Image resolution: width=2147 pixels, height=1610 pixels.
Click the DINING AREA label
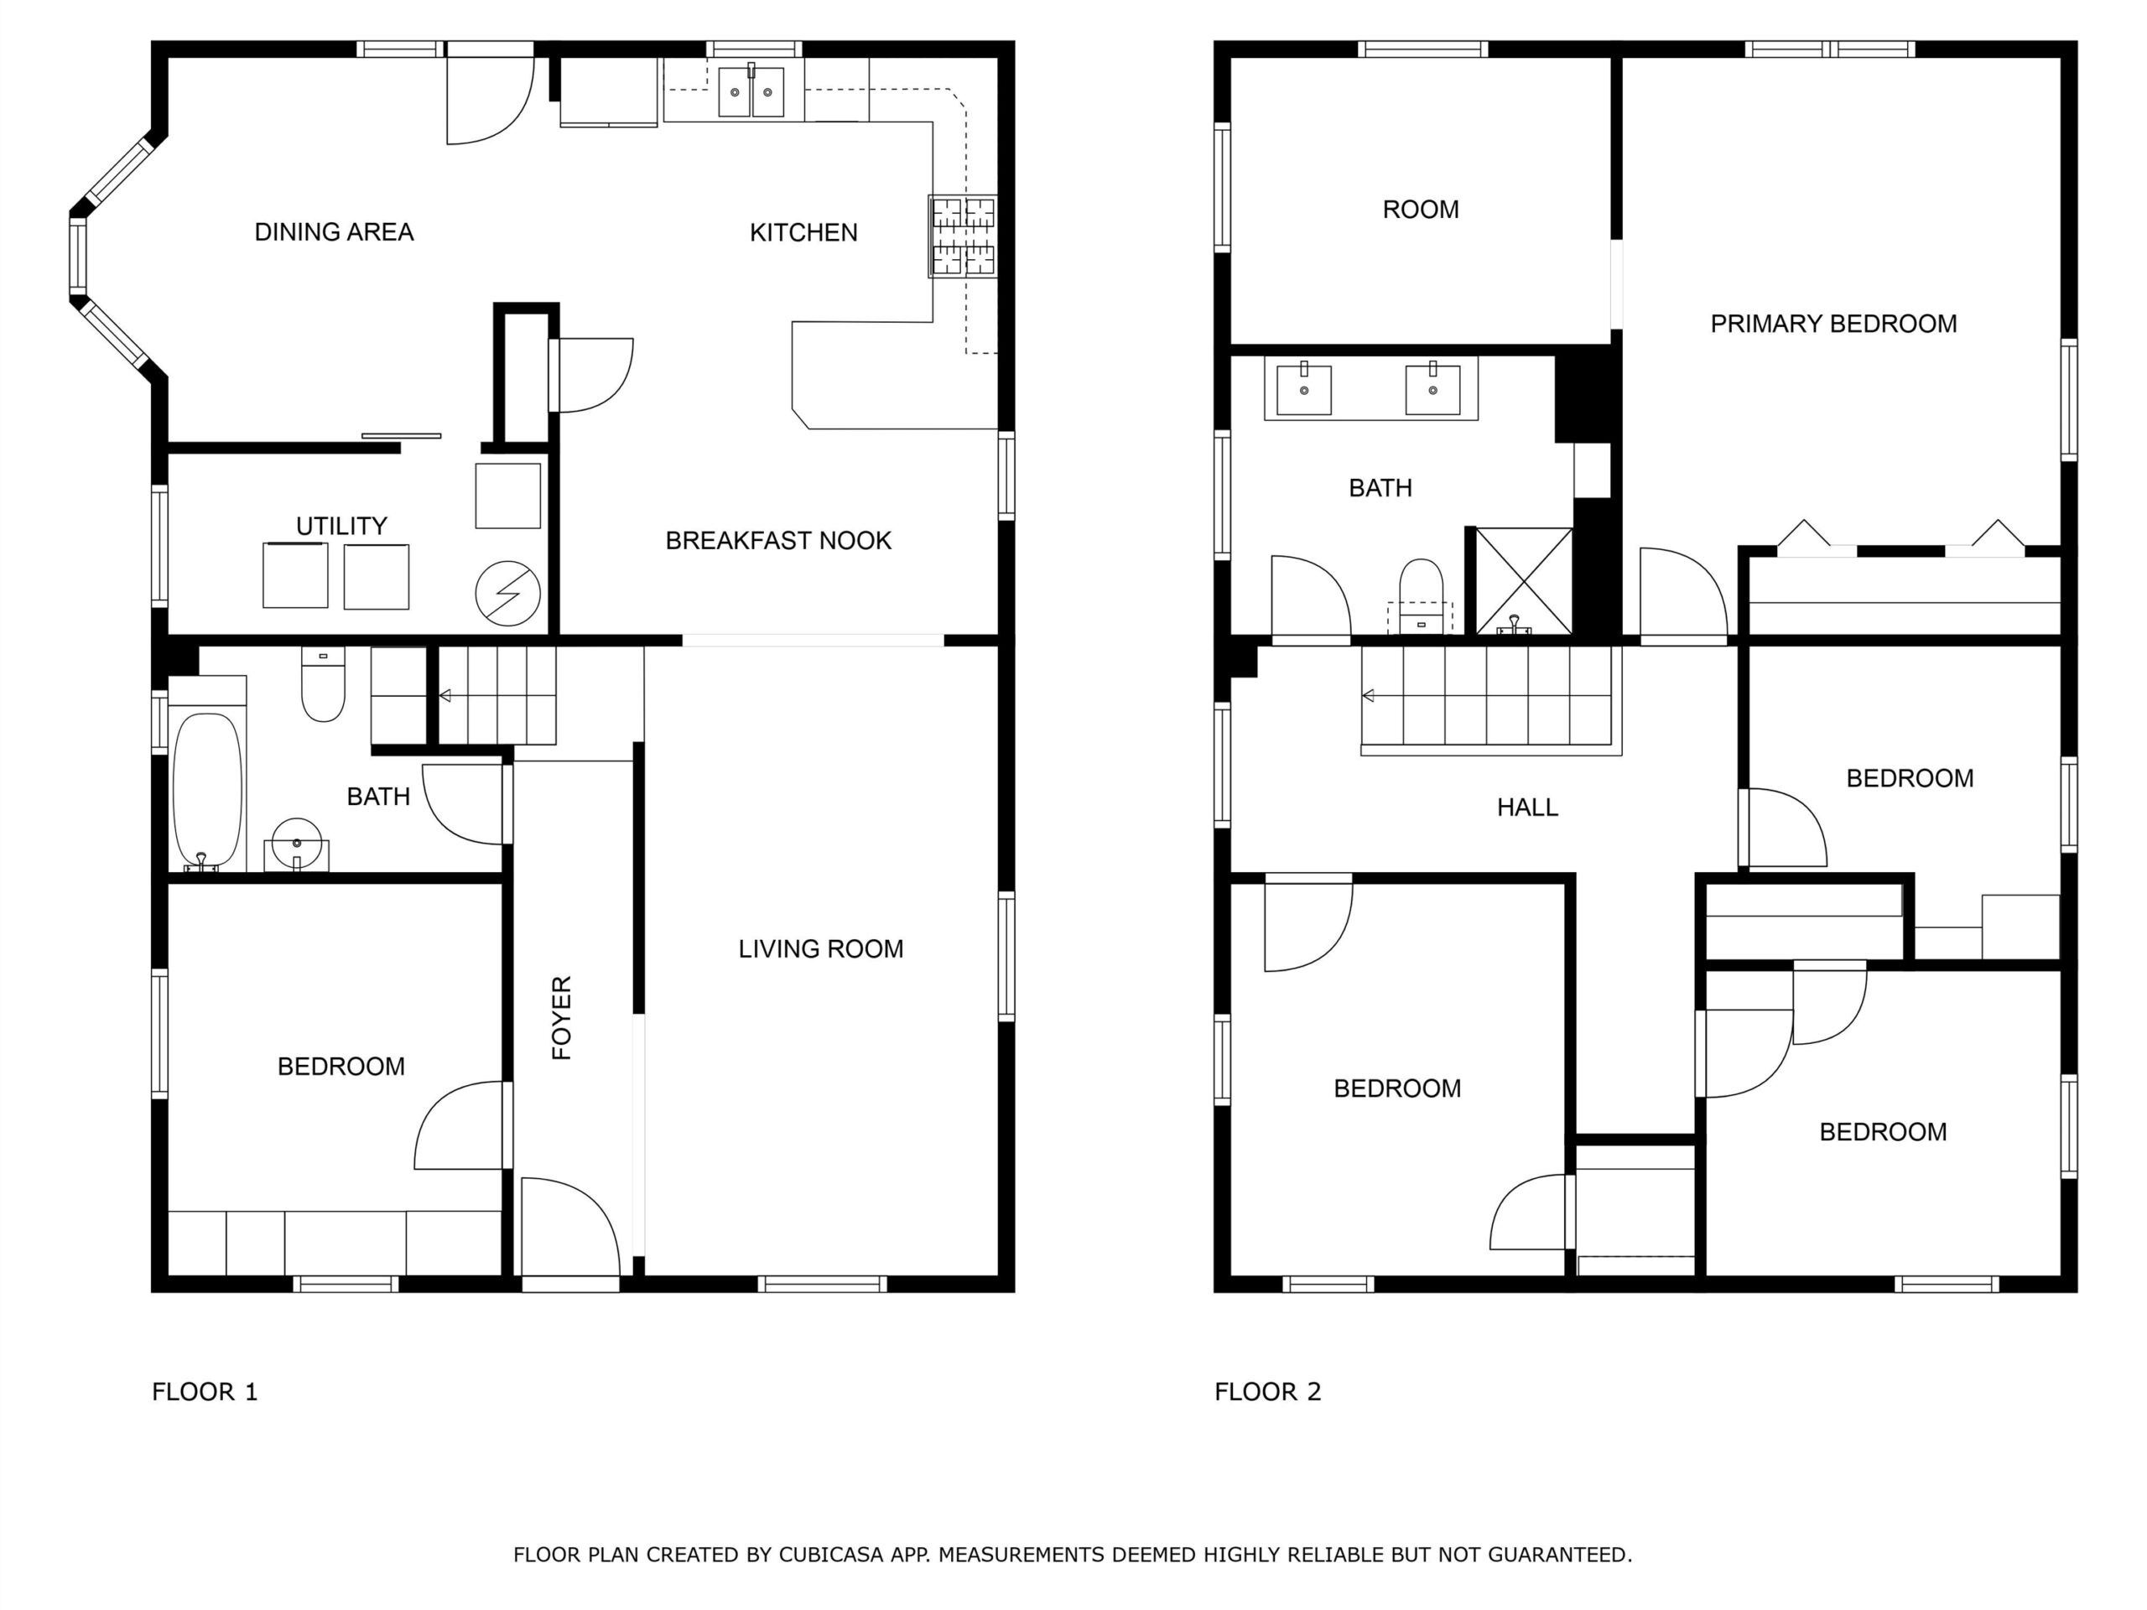tap(334, 232)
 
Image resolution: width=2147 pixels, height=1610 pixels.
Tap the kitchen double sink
tap(751, 91)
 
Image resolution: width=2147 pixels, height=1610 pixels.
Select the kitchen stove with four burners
tap(962, 236)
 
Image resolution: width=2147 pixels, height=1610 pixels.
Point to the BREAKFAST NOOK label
tap(778, 541)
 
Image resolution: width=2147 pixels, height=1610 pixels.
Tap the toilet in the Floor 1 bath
tap(323, 684)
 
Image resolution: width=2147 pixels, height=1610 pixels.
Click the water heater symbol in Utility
tap(507, 593)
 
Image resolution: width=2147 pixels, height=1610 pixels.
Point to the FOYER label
tap(562, 1017)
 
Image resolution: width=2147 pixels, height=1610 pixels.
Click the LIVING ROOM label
tap(821, 949)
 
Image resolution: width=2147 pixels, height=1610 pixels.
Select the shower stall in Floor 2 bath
tap(1524, 581)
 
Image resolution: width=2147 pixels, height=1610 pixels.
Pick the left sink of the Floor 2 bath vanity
tap(1303, 389)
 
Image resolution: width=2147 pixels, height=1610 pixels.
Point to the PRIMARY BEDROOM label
tap(1833, 325)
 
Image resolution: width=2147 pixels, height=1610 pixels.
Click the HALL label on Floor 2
tap(1528, 808)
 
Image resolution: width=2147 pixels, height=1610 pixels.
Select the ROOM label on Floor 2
tap(1421, 210)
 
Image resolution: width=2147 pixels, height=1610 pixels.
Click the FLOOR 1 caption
tap(205, 1392)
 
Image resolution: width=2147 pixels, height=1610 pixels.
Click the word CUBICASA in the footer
tap(831, 1555)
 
